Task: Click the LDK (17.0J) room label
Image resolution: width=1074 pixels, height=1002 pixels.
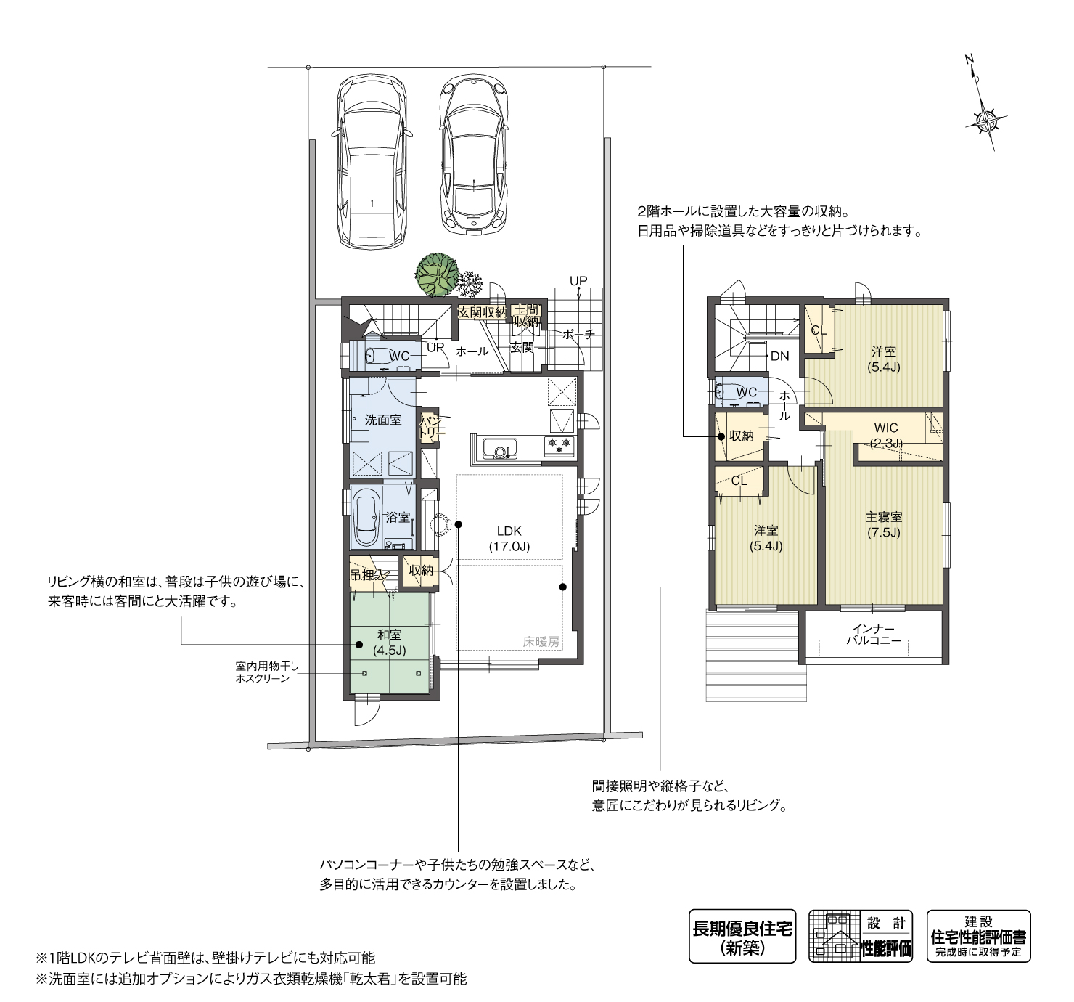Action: click(x=509, y=539)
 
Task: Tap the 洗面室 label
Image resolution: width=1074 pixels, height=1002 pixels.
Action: click(x=383, y=420)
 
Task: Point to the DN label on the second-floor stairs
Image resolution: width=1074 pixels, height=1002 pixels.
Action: click(x=780, y=357)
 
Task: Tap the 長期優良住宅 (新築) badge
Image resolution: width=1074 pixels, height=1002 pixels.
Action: click(x=742, y=937)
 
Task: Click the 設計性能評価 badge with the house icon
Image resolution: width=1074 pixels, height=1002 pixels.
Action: click(x=861, y=937)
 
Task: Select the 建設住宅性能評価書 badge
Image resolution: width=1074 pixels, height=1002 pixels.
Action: click(x=979, y=937)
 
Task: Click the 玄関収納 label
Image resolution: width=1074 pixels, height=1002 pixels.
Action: click(x=482, y=313)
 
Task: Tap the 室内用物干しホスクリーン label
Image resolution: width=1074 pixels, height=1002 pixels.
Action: click(x=262, y=672)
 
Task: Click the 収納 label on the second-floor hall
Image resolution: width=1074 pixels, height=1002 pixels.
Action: click(x=741, y=436)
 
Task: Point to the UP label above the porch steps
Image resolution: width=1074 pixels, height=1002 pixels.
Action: click(x=578, y=281)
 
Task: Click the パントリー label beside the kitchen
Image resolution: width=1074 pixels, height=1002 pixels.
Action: click(x=430, y=427)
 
